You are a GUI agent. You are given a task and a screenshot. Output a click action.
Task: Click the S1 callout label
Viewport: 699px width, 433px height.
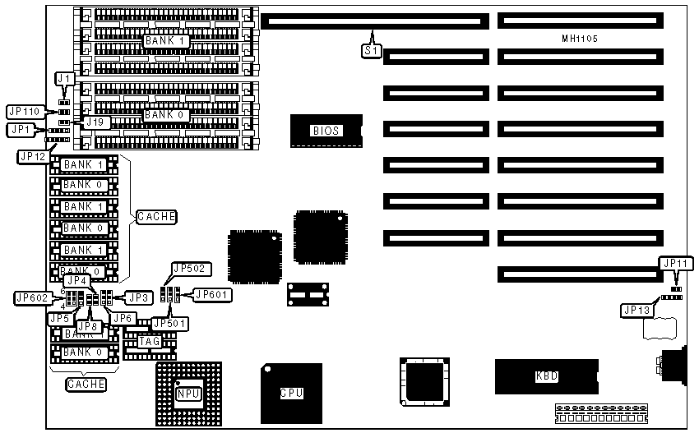371,50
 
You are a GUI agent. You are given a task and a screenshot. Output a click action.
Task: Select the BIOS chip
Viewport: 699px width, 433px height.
326,131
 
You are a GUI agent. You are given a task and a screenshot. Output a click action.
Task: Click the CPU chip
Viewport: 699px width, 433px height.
291,393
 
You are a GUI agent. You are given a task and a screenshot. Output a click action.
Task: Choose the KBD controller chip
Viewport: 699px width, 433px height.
547,376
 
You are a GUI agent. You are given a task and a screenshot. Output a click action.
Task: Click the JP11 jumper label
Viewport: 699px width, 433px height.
677,264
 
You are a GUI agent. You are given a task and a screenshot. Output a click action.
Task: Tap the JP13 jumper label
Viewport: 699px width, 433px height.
638,310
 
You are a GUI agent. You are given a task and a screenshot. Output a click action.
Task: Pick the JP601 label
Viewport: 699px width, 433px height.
212,294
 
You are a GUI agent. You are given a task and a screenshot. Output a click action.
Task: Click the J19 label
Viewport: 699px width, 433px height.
96,122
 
